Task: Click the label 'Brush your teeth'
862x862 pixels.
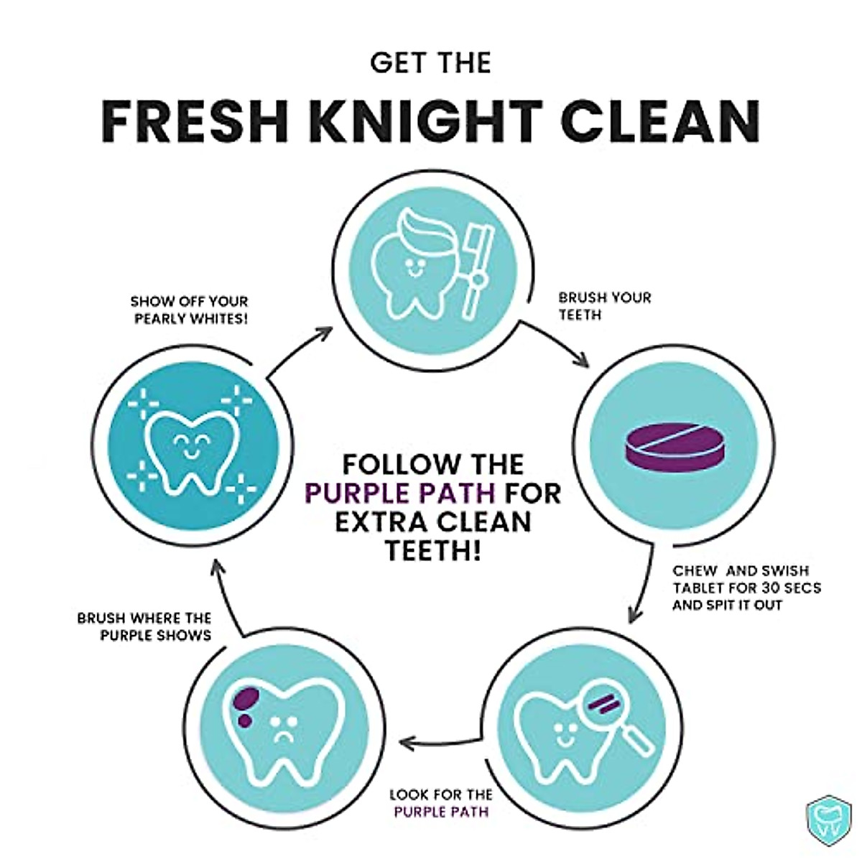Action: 604,305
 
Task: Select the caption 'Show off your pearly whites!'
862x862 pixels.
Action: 190,310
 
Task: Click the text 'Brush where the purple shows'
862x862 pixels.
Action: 144,626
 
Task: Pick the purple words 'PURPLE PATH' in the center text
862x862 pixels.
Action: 401,493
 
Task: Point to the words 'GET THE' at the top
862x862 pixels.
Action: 430,62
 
